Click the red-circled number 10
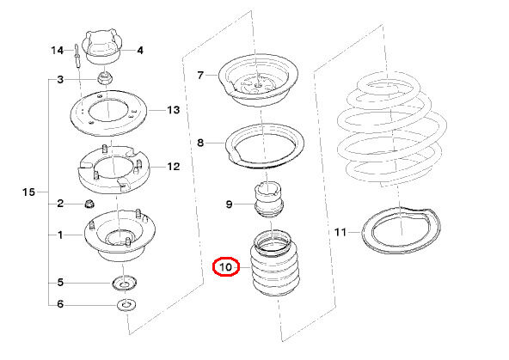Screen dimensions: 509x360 pyautogui.click(x=226, y=267)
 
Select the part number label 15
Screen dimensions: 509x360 pyautogui.click(x=28, y=192)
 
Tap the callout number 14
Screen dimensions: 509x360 pyautogui.click(x=57, y=51)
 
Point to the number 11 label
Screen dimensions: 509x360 pyautogui.click(x=340, y=232)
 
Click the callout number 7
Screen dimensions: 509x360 pyautogui.click(x=200, y=76)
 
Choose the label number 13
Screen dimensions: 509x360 pyautogui.click(x=174, y=110)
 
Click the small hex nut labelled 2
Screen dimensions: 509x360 pyautogui.click(x=89, y=204)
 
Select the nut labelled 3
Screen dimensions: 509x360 pyautogui.click(x=105, y=78)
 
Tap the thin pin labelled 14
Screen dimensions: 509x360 pyautogui.click(x=77, y=56)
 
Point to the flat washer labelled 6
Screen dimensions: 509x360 pyautogui.click(x=126, y=305)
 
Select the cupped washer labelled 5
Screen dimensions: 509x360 pyautogui.click(x=125, y=284)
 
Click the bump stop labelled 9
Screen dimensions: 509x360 pyautogui.click(x=269, y=200)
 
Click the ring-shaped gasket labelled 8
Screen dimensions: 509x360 pyautogui.click(x=265, y=164)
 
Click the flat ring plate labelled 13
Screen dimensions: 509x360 pyautogui.click(x=108, y=129)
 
